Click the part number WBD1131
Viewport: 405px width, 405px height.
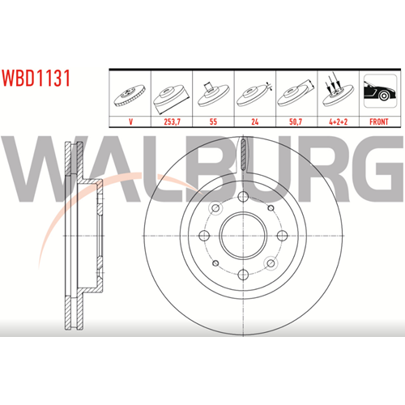36,78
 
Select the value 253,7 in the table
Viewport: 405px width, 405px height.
172,122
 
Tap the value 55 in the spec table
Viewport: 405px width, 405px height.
213,122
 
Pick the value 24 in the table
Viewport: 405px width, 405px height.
255,122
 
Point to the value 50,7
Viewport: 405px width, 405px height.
296,122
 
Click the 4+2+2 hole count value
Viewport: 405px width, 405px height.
338,122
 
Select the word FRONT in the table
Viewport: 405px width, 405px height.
379,122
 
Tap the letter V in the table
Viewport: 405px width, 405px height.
130,122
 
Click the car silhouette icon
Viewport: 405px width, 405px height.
380,91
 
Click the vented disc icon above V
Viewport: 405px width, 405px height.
130,96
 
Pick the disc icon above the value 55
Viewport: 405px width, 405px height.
213,95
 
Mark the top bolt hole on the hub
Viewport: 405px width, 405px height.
243,197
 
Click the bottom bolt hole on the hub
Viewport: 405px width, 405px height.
243,275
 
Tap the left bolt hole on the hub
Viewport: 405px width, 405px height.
204,236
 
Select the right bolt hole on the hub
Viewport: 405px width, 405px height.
282,236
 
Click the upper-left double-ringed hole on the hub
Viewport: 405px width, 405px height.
215,208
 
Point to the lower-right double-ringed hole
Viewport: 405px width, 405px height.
271,263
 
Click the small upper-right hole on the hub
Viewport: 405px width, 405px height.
271,208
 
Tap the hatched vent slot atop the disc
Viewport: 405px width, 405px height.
243,155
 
